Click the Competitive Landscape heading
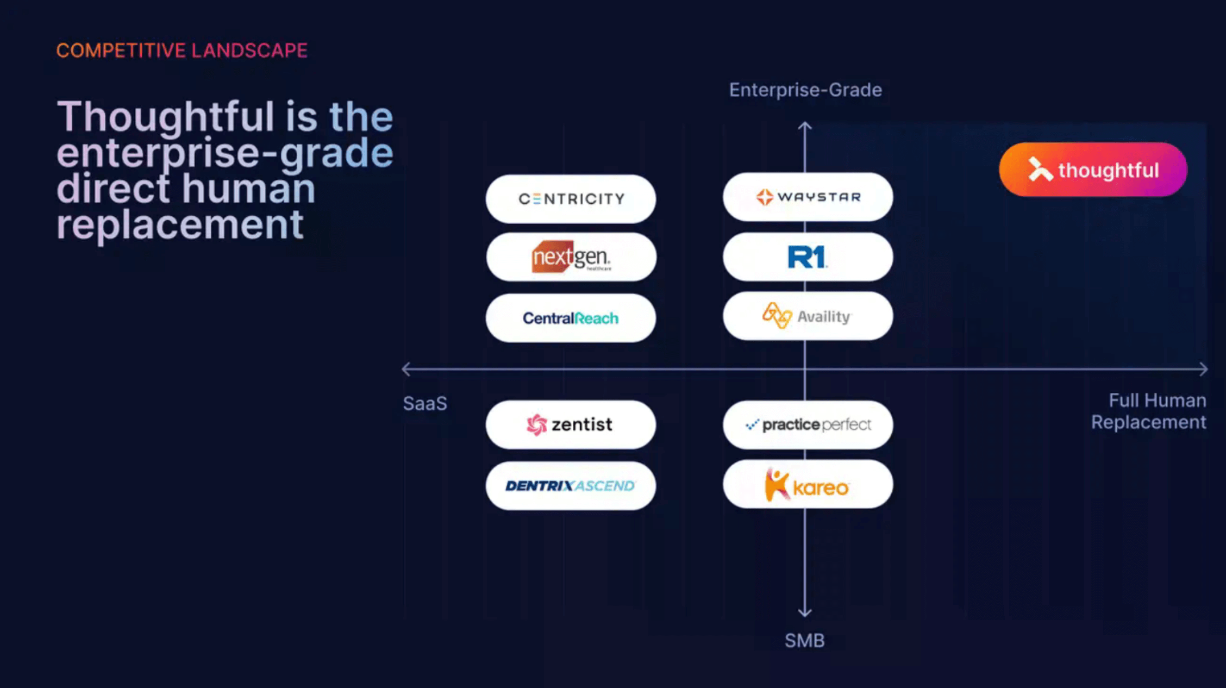tap(182, 51)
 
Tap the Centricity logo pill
tap(571, 199)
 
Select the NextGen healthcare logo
tap(571, 257)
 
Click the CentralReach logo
tap(571, 318)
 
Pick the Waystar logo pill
tap(808, 197)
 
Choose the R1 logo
tap(808, 257)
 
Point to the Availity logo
tap(808, 316)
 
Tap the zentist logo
tap(571, 424)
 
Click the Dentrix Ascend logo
tap(571, 485)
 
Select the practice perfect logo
tap(808, 424)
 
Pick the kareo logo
tap(808, 484)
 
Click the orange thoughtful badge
tap(1093, 170)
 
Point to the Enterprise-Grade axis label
tap(805, 90)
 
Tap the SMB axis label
tap(804, 641)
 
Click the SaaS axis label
tap(425, 404)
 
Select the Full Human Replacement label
tap(1149, 411)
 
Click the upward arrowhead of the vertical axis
tap(805, 127)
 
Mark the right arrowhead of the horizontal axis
tap(1204, 370)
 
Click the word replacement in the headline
tap(180, 225)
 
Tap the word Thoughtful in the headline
tap(166, 117)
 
